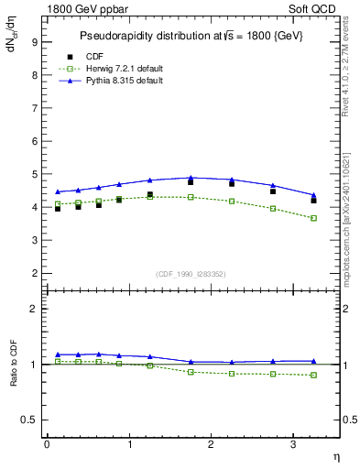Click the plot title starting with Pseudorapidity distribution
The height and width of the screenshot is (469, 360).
[190, 35]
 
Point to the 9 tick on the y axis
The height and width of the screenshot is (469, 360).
[34, 41]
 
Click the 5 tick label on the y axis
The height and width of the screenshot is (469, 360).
[34, 174]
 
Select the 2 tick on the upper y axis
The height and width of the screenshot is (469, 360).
[34, 273]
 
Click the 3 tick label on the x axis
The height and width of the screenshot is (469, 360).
[293, 444]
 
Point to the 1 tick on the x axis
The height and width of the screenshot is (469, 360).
[129, 444]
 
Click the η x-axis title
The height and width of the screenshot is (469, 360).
[334, 456]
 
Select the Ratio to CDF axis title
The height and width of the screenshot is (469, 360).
[14, 364]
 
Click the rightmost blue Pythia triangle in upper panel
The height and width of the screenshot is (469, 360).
[314, 195]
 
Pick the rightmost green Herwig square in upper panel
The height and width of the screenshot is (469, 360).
[314, 218]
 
